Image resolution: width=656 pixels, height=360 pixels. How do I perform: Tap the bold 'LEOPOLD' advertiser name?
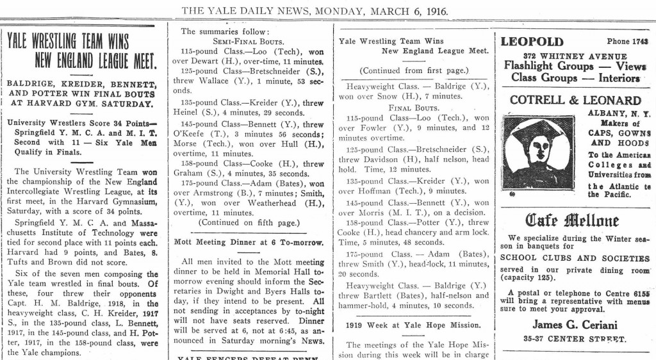(532, 42)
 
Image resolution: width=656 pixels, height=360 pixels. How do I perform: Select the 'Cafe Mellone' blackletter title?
(572, 222)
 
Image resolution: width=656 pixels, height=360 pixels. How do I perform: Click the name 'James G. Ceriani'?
(572, 324)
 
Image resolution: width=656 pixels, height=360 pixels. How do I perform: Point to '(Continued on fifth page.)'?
(249, 222)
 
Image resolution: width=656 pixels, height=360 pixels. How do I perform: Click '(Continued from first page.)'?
(413, 70)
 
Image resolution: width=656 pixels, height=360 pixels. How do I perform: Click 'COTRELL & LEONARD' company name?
(575, 100)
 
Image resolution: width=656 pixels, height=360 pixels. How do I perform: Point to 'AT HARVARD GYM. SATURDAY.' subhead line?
(79, 102)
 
